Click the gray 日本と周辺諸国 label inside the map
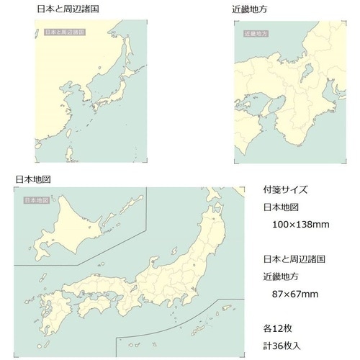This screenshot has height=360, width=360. (64, 32)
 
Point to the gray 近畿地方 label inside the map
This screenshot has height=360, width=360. (256, 33)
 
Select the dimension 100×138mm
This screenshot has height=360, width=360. (302, 225)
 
